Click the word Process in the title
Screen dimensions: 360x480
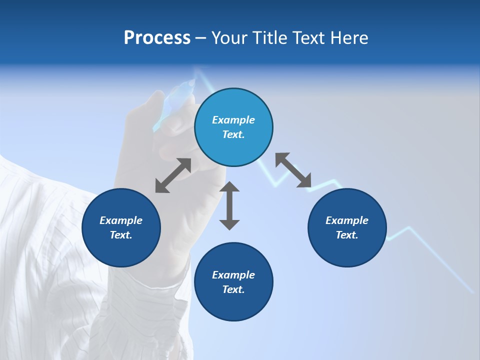point(157,38)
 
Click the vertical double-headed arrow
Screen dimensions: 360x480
point(229,205)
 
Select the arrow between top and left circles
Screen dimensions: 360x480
point(173,175)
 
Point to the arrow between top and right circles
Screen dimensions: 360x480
point(293,170)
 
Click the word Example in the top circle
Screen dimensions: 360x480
point(233,120)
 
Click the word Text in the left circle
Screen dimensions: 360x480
point(121,235)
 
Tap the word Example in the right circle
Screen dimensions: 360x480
point(347,220)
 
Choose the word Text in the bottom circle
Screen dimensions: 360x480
point(233,289)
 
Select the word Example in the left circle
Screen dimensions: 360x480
point(121,220)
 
